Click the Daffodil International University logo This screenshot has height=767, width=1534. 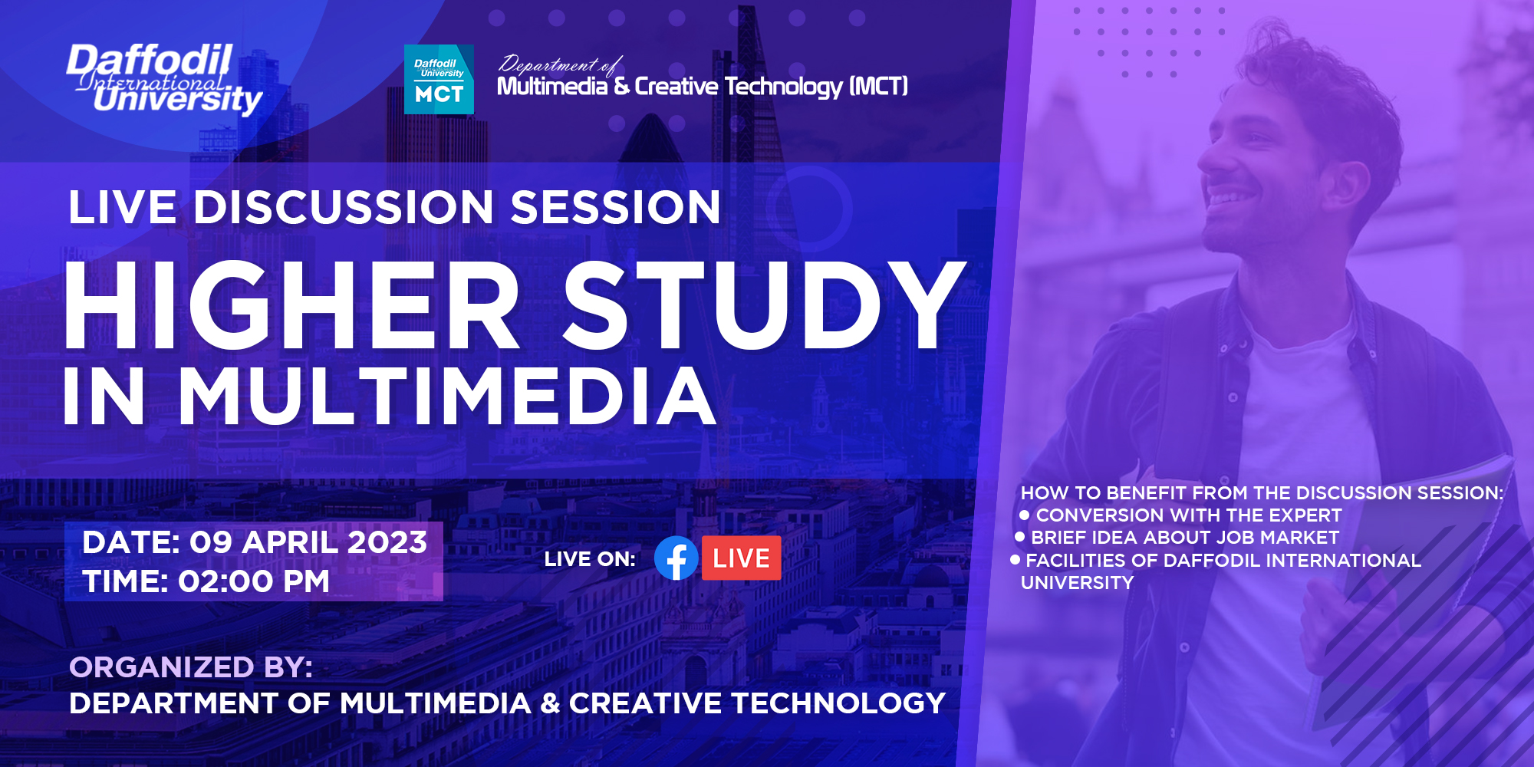click(x=164, y=79)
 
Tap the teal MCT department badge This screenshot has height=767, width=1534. click(x=439, y=80)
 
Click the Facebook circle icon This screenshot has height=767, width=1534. click(x=676, y=558)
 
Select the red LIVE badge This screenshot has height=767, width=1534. click(x=741, y=558)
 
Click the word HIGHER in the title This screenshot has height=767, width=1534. click(x=291, y=307)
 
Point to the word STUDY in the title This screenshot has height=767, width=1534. click(x=763, y=307)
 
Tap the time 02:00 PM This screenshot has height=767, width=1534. click(x=254, y=581)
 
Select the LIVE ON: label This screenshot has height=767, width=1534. click(x=590, y=559)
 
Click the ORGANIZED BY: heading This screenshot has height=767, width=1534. click(x=191, y=667)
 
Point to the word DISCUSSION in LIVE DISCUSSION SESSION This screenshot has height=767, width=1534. click(x=344, y=208)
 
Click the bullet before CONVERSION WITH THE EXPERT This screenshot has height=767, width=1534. click(x=1025, y=515)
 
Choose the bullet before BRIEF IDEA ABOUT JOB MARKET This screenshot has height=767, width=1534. click(x=1019, y=537)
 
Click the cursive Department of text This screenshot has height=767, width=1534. click(x=558, y=65)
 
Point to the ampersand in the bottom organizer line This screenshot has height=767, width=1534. click(x=550, y=703)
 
